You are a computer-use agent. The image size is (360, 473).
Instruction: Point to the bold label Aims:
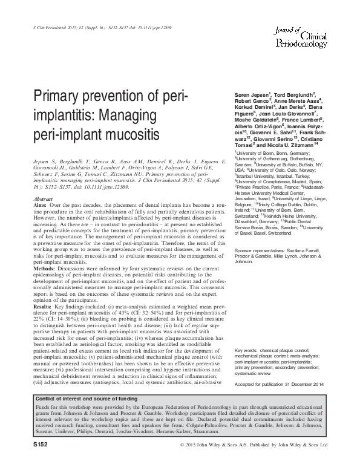41,206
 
